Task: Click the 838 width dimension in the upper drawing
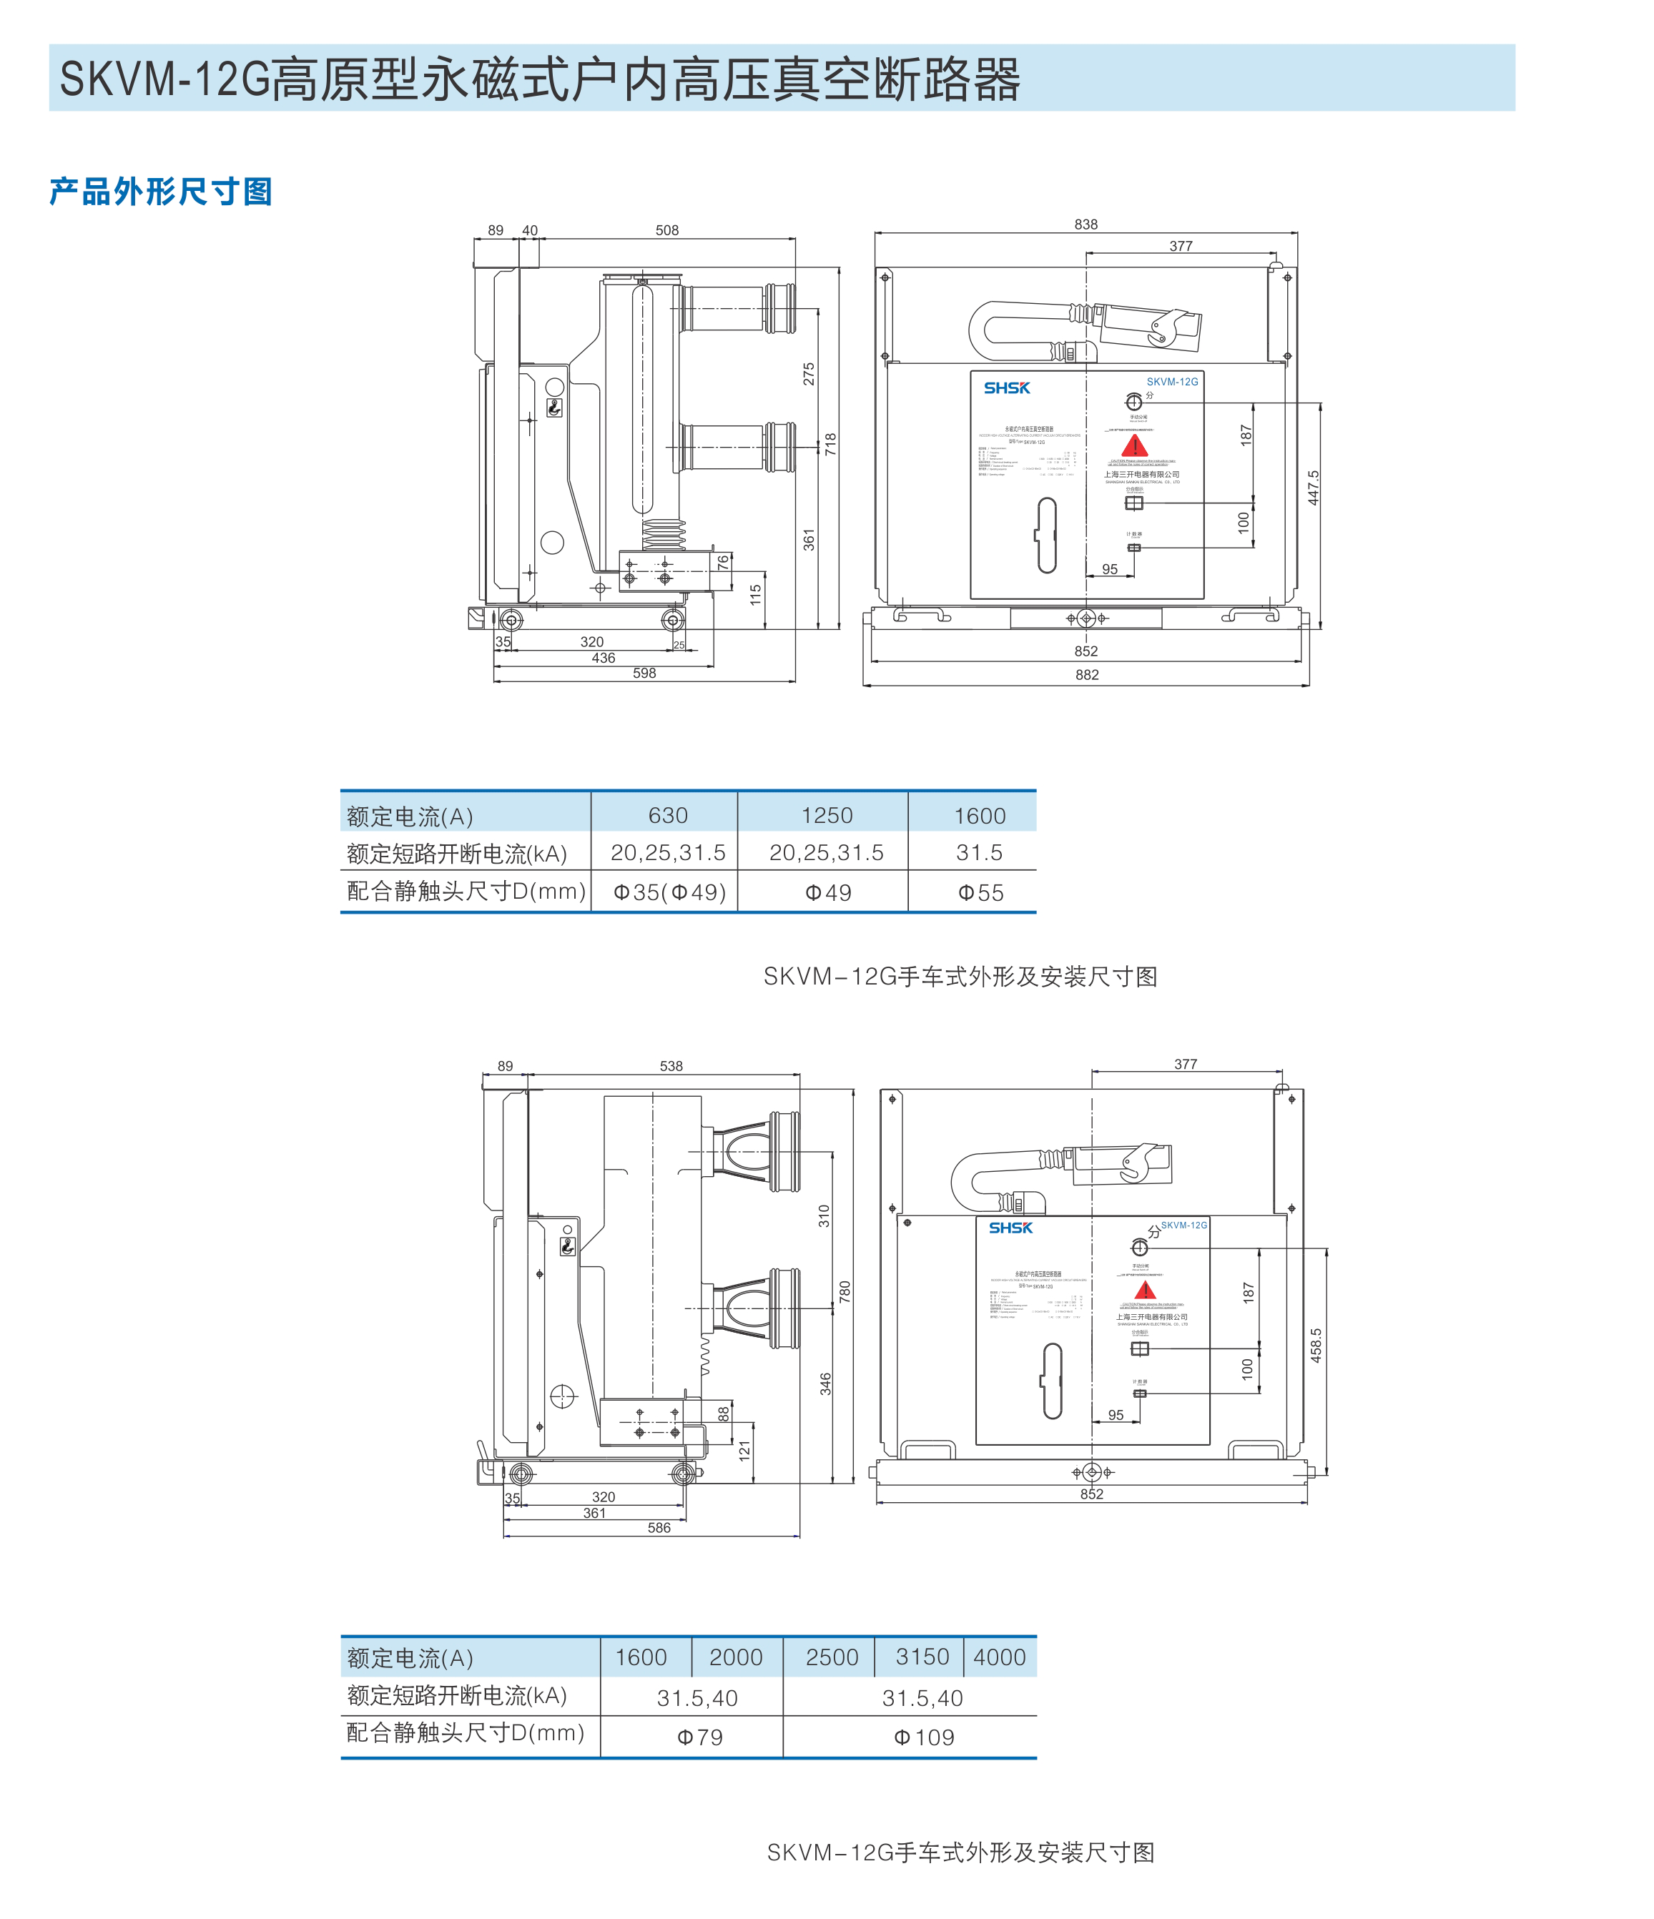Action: pos(1086,224)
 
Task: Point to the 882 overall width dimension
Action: pos(1087,675)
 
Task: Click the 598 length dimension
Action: pos(644,674)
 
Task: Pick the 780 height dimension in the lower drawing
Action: pos(845,1292)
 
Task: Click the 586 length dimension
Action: pos(659,1527)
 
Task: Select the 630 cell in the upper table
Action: pos(668,816)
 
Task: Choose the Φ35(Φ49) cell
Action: pos(669,893)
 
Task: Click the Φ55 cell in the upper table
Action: pos(980,893)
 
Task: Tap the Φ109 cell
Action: pos(923,1737)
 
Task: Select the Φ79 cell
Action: pos(699,1737)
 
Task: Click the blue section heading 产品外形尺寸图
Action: pos(160,192)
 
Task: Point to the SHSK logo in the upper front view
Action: pos(1007,388)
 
